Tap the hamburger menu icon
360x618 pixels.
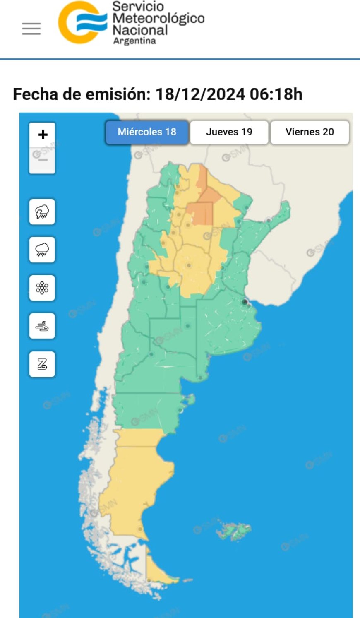[31, 29]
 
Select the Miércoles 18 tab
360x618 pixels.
[147, 132]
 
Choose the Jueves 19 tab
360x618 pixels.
[229, 132]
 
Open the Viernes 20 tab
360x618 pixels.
[310, 132]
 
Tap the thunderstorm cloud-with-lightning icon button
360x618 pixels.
[42, 212]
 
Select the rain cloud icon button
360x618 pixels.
[42, 250]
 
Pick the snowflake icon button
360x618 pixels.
[42, 288]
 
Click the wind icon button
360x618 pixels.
[42, 326]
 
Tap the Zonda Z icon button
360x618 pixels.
[42, 364]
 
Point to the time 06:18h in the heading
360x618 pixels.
[276, 94]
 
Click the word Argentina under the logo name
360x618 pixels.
[134, 41]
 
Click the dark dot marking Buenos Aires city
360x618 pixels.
[245, 302]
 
